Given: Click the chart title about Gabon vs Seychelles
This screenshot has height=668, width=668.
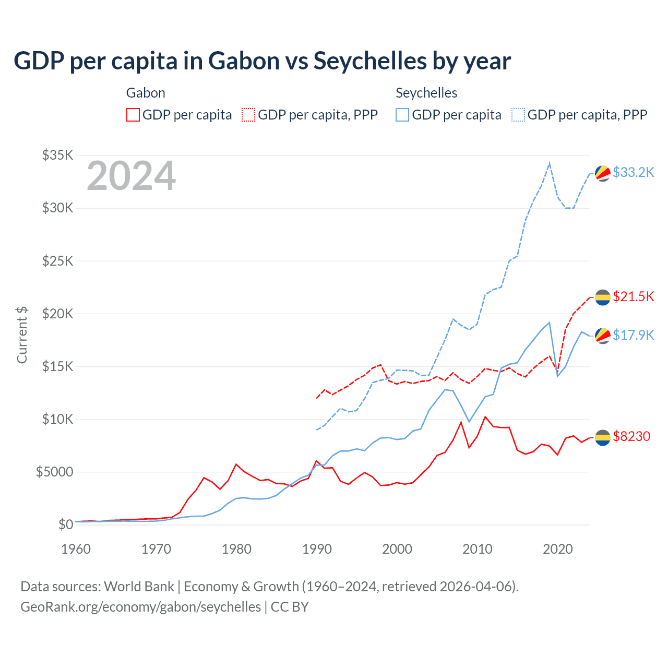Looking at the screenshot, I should (262, 61).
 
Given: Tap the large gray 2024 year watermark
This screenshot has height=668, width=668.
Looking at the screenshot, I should (131, 176).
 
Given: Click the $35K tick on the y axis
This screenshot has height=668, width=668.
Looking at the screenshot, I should (58, 155).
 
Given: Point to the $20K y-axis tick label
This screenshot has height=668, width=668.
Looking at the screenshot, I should (58, 314).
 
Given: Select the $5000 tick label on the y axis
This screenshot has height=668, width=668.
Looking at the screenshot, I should (54, 472).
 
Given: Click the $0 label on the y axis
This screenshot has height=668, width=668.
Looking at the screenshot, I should (65, 524).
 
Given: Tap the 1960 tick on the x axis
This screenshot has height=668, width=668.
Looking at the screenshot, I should (76, 549).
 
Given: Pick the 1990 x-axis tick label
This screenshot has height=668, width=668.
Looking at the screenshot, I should (317, 549).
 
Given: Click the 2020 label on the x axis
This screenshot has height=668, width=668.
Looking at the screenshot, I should (558, 549).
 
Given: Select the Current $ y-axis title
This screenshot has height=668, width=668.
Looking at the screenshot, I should (22, 335).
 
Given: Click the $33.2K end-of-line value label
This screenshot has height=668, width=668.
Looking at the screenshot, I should (633, 172).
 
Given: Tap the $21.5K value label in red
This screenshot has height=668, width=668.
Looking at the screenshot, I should (633, 296).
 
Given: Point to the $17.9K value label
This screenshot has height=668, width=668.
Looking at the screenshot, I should (633, 335).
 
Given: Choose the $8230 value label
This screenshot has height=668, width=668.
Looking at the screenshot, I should (631, 436).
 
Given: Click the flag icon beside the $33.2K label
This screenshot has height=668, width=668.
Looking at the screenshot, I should (603, 173).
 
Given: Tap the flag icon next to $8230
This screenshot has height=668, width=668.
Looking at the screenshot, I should (603, 437).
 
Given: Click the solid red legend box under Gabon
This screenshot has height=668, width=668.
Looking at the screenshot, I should (133, 115).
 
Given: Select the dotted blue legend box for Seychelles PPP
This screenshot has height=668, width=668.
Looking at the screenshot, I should (518, 115).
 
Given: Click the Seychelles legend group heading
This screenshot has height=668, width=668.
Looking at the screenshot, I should (426, 93).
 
